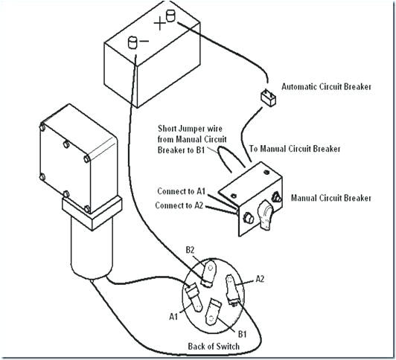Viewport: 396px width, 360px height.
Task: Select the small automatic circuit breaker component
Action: [x=265, y=97]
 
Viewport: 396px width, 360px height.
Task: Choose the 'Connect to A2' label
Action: [x=180, y=205]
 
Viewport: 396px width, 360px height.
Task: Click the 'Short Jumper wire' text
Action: [x=189, y=128]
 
